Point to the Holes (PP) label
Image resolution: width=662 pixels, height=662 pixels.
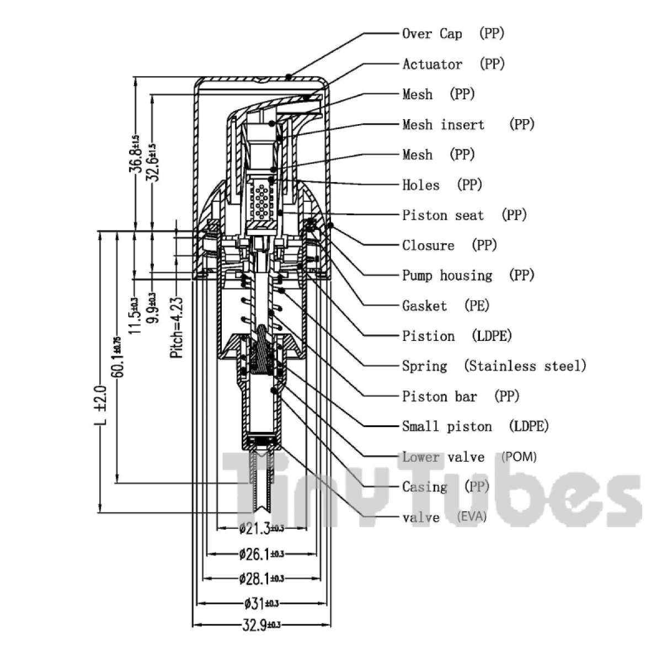[442, 185]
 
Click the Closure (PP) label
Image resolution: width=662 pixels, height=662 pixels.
[449, 245]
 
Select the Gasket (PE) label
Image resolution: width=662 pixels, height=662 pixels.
[446, 306]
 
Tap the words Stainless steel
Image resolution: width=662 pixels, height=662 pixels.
[525, 366]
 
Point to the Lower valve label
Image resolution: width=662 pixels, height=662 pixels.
[443, 457]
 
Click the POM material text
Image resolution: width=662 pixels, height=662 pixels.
[519, 457]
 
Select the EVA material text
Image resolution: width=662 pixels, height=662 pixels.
[472, 517]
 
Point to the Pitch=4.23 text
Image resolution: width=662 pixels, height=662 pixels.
[177, 328]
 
